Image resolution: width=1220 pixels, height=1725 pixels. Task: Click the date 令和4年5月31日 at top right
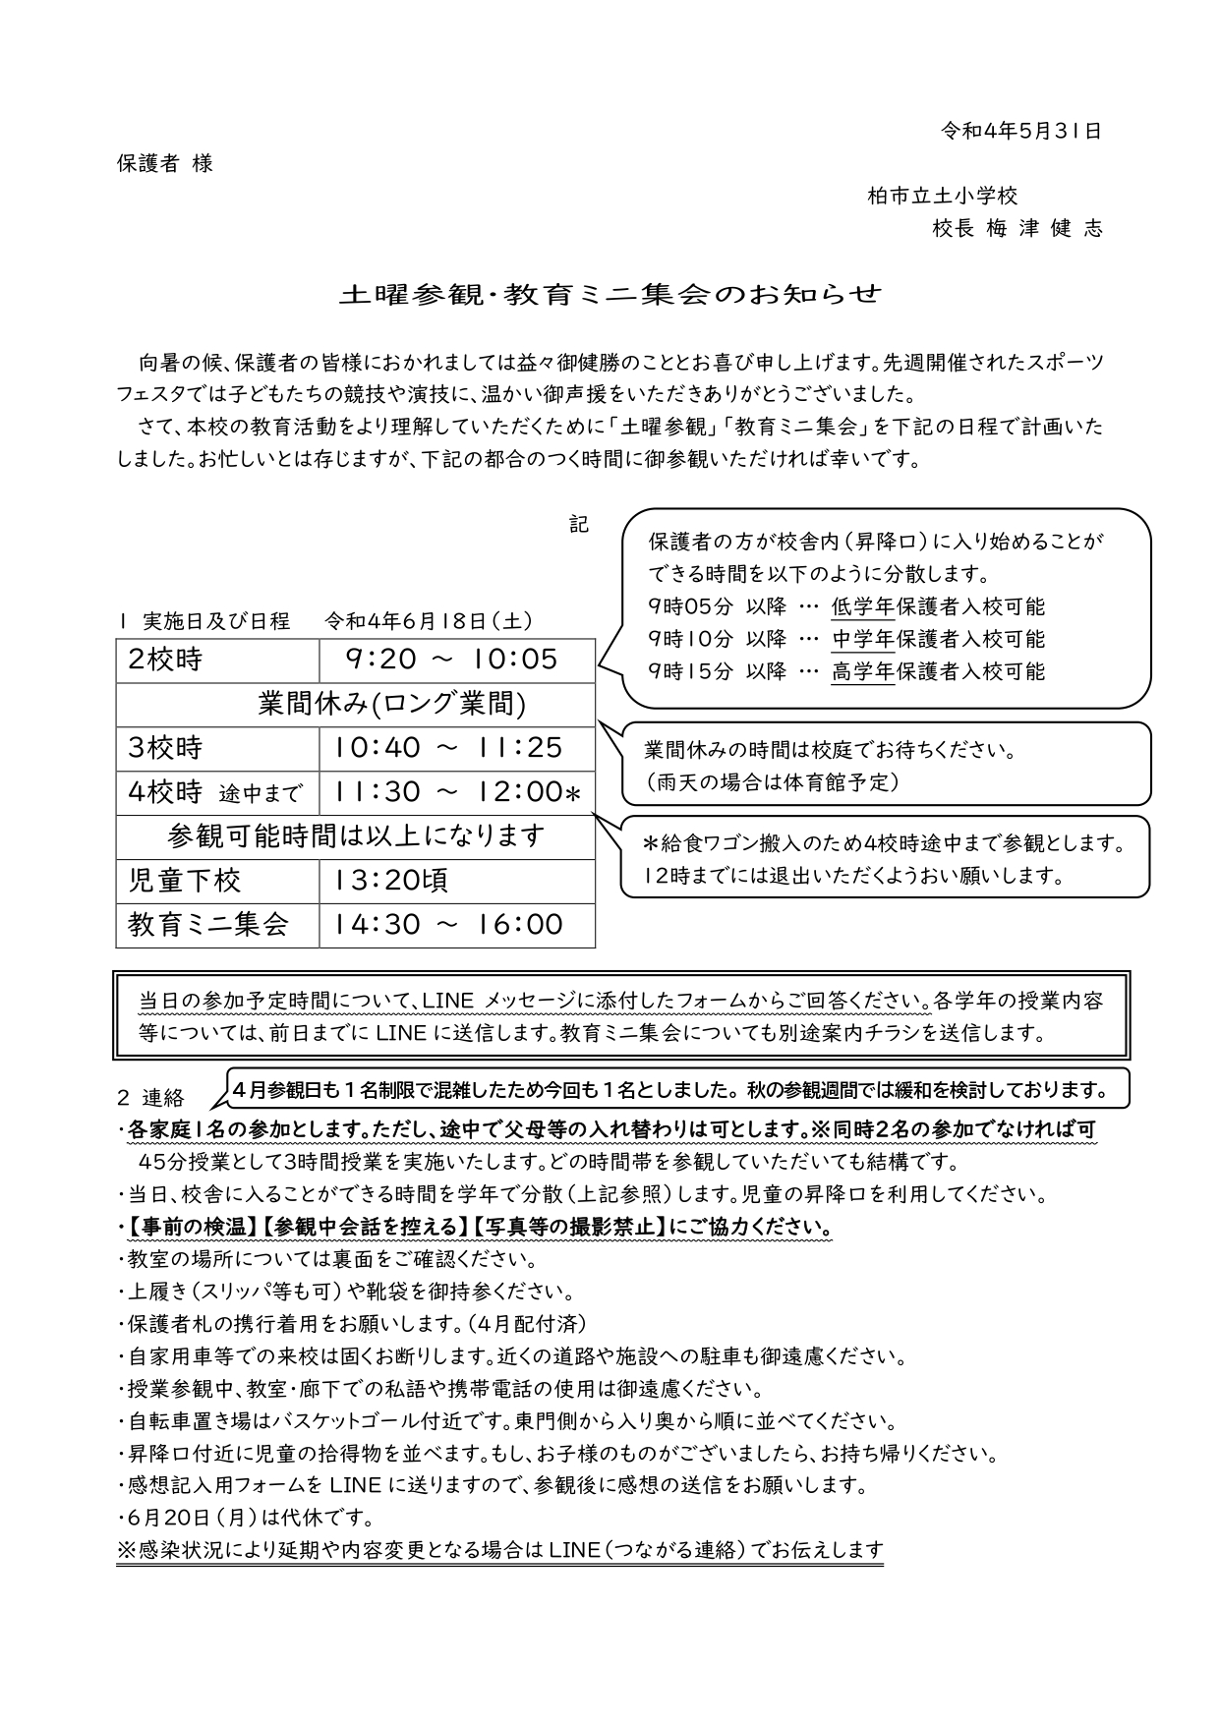coord(1021,131)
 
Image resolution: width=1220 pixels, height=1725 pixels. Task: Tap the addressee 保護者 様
coord(164,163)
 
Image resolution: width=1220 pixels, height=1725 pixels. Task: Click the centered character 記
coord(579,525)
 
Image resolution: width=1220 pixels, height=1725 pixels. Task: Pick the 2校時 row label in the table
coord(165,660)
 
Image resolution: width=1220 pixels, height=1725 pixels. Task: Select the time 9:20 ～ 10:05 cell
coord(451,660)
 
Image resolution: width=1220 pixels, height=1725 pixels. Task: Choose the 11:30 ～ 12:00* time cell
coord(458,792)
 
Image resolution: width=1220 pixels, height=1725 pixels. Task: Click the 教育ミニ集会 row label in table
coord(208,925)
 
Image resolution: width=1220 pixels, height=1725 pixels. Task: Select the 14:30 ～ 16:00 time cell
coord(448,925)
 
